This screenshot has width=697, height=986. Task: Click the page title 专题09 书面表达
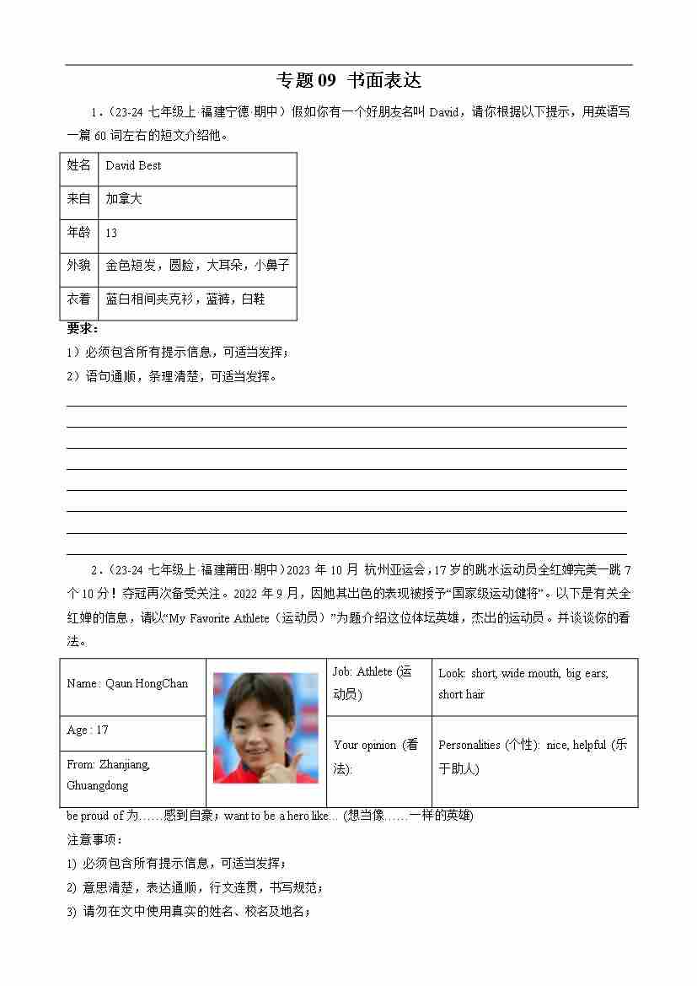point(348,81)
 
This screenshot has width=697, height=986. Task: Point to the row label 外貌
point(78,266)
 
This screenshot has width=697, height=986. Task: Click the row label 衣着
point(78,299)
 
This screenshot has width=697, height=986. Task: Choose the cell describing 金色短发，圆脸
point(197,266)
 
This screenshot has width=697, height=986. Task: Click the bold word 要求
point(82,328)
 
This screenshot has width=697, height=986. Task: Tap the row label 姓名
point(78,166)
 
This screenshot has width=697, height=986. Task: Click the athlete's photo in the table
point(265,727)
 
